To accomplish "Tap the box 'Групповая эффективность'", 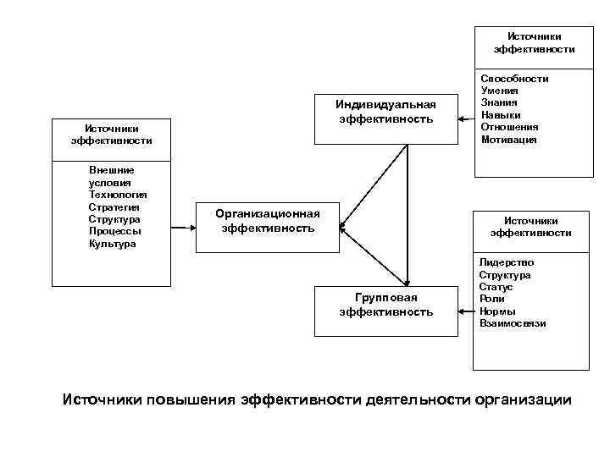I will click(x=385, y=305).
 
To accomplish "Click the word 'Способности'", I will click(x=514, y=79).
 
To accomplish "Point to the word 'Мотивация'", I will click(x=508, y=140).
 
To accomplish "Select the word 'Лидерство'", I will click(x=507, y=262).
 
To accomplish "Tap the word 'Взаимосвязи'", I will click(x=513, y=323).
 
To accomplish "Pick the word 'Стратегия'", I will click(x=114, y=206).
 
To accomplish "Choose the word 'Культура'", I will click(x=112, y=244).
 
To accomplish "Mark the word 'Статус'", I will click(x=496, y=287).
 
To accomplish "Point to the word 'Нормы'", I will click(x=496, y=311).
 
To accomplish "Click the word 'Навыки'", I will click(x=501, y=115).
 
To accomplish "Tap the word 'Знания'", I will click(x=499, y=103).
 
